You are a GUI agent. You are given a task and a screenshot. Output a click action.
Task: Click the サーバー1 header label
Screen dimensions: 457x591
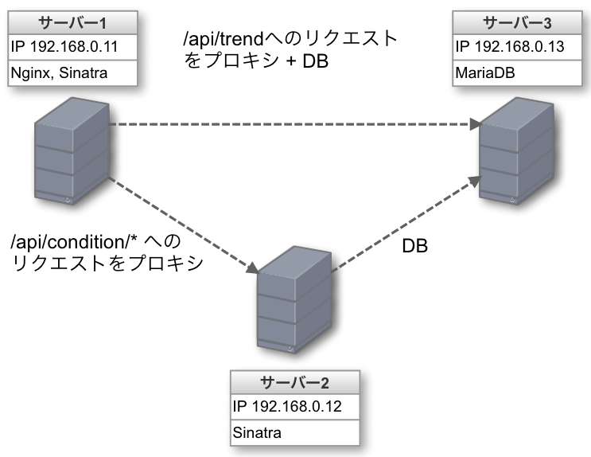pos(75,22)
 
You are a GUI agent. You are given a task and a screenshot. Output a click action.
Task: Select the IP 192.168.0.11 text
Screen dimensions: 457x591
pos(64,46)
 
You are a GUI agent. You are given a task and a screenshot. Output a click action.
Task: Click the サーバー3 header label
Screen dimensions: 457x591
pos(520,22)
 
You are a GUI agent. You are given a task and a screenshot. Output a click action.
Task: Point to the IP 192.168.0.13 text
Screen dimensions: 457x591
pos(510,46)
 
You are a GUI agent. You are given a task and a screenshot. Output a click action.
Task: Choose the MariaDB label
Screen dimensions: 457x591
pos(486,72)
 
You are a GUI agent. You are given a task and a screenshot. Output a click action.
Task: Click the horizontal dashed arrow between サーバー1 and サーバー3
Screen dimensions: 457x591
pos(294,124)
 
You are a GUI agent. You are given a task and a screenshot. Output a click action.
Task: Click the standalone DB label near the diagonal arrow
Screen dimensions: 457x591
pos(414,247)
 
